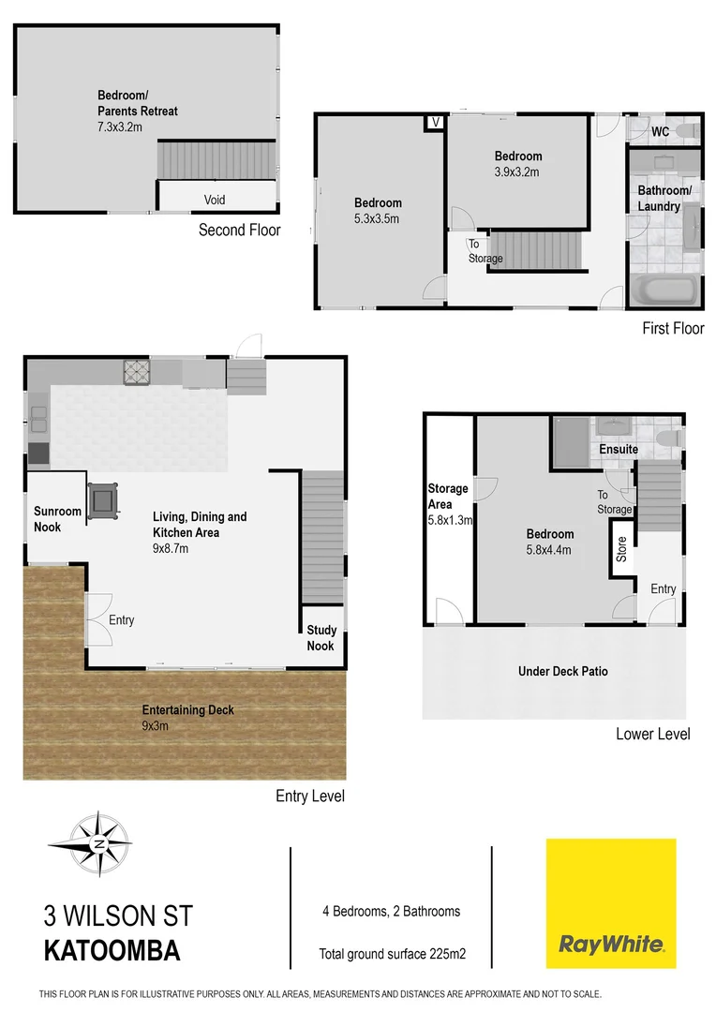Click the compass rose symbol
(98, 843)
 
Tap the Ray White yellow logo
(611, 903)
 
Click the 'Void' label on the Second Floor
(215, 200)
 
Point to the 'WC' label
(661, 132)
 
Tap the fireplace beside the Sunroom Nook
(102, 499)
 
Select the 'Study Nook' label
(321, 638)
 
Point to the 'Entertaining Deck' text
(188, 710)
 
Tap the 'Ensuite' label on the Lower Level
(619, 450)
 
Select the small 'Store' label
(620, 548)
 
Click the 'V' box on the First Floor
(435, 122)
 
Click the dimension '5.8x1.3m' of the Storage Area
(449, 519)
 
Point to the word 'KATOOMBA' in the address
(112, 951)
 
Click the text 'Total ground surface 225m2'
(393, 955)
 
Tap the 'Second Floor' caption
(240, 230)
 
